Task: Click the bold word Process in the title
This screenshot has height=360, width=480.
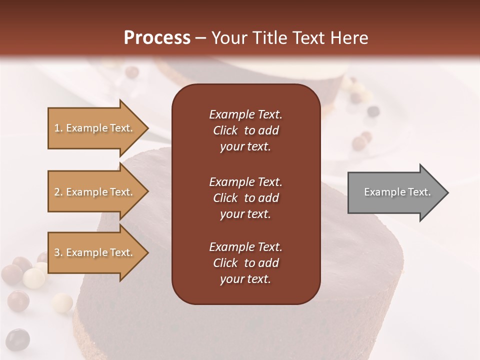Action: point(157,37)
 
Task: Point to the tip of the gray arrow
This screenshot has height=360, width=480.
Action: point(447,192)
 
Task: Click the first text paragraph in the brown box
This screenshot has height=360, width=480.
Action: point(245,130)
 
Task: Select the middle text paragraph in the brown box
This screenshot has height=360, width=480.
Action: point(245,198)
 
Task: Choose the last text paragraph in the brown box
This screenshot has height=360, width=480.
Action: point(245,263)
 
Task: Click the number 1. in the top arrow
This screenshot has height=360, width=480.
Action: point(58,128)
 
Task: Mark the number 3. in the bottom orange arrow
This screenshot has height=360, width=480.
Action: point(58,252)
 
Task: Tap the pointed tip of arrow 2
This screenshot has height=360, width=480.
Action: point(147,192)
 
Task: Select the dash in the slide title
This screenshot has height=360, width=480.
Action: point(201,38)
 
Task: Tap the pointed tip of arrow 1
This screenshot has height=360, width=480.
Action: point(147,128)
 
